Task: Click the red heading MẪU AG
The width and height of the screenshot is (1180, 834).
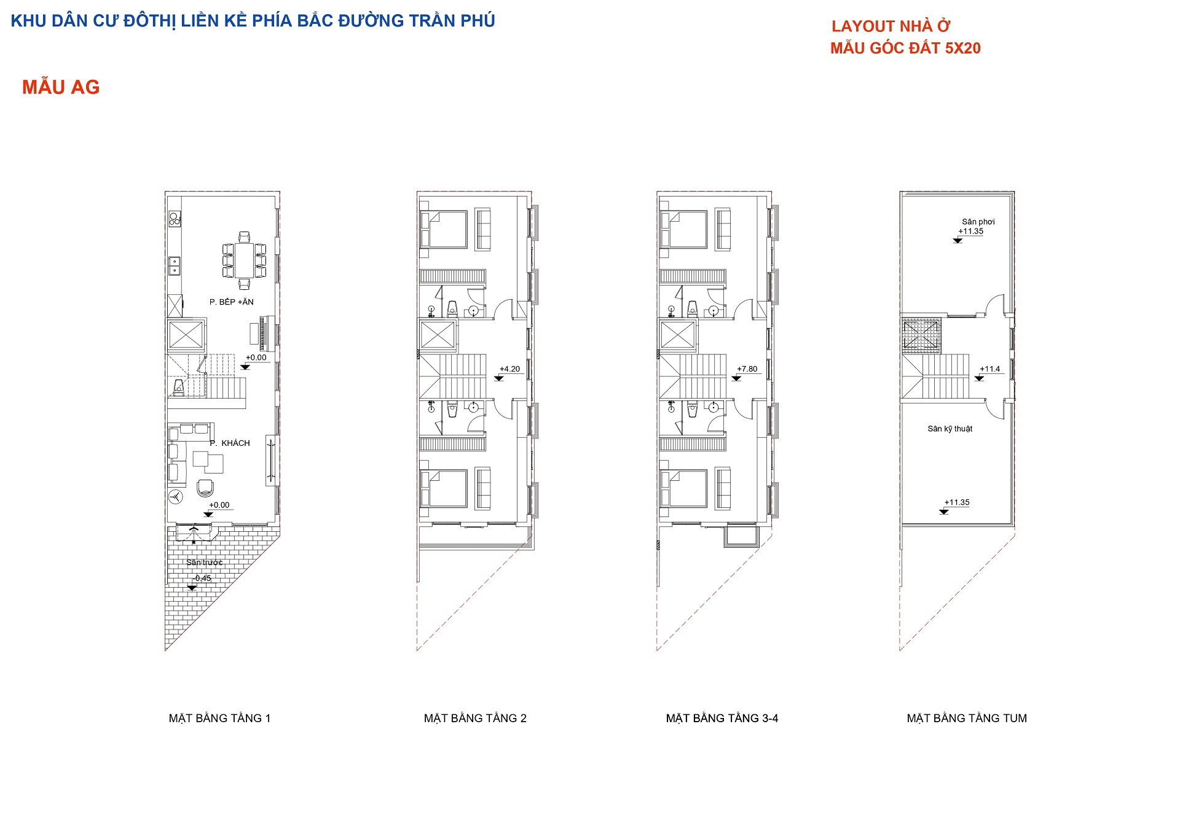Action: pos(61,87)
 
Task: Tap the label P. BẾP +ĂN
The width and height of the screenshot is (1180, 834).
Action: pos(231,302)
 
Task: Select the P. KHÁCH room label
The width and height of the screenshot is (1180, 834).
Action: pos(230,443)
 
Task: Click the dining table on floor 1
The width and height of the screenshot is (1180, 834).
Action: pos(245,260)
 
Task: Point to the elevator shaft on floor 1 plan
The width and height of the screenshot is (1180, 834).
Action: pos(186,335)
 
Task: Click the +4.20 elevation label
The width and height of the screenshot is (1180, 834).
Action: pos(509,368)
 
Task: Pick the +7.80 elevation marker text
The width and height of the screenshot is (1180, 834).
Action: pos(747,368)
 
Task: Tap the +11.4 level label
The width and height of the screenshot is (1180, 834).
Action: pos(989,368)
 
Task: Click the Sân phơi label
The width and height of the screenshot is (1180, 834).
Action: pos(978,222)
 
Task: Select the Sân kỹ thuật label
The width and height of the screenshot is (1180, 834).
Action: pos(950,429)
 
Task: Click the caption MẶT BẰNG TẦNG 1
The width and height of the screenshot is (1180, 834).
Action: pos(219,718)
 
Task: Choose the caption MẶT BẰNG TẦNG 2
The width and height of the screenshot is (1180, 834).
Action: pos(475,718)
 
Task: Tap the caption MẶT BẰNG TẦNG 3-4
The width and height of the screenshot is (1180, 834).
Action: pos(722,718)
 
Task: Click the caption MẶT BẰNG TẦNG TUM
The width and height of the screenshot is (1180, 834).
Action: pos(967,718)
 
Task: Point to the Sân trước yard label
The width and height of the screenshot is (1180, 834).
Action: pos(205,562)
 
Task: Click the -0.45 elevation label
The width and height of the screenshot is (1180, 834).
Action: pos(202,578)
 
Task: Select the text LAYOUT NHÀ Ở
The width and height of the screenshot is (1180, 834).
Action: pos(891,26)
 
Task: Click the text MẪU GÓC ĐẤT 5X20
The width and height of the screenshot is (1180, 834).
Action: pos(905,48)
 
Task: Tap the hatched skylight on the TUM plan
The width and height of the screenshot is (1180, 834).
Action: pos(921,335)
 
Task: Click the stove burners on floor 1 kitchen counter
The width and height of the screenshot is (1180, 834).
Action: pos(175,218)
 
